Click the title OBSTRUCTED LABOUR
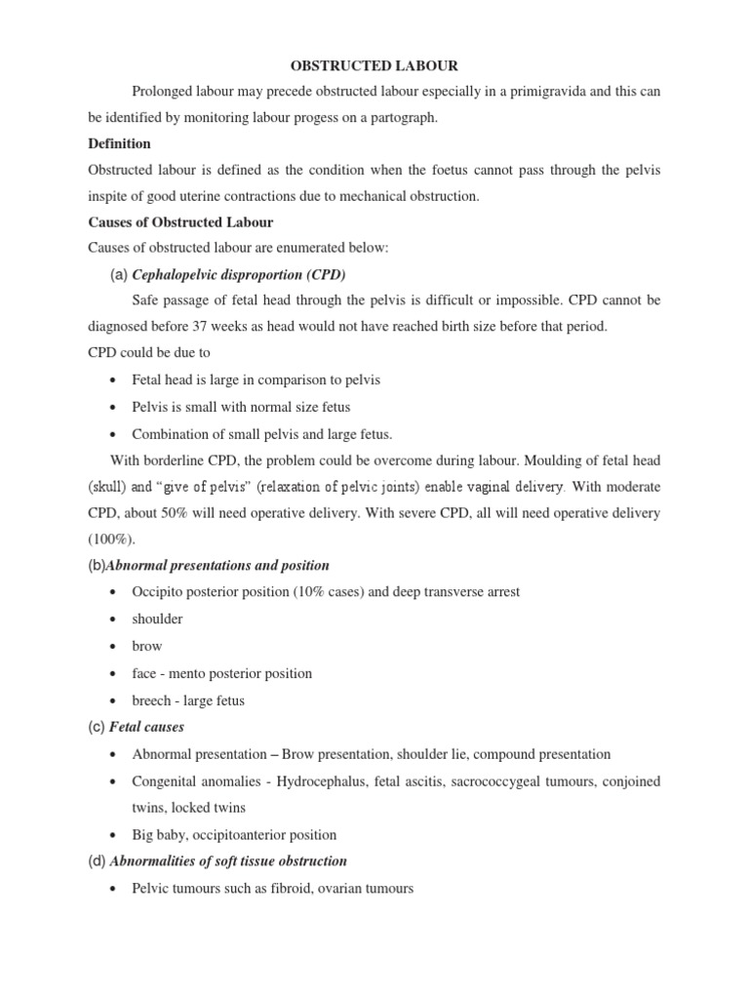tap(374, 65)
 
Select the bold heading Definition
tap(119, 143)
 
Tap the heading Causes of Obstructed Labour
tap(180, 222)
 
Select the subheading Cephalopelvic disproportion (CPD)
tap(239, 274)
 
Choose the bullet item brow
tap(147, 646)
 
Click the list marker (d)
tap(97, 861)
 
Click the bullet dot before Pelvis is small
tap(115, 407)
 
